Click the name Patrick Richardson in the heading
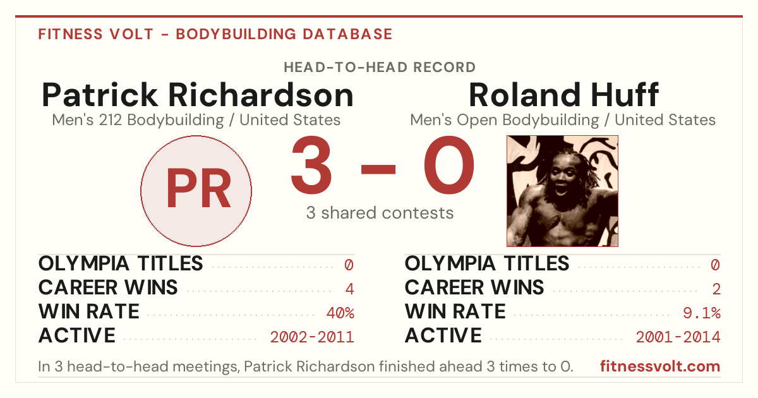click(198, 95)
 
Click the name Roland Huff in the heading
click(563, 95)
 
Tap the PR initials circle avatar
click(196, 191)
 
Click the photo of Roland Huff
click(562, 191)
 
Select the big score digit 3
click(311, 165)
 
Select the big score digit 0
click(449, 165)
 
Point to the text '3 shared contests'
click(380, 213)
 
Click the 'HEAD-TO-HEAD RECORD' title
click(380, 68)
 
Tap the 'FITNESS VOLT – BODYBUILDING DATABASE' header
click(215, 34)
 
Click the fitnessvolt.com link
click(660, 366)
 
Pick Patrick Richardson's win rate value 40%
click(340, 313)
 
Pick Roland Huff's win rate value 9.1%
click(702, 313)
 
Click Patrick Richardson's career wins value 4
click(349, 289)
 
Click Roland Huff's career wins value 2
click(716, 289)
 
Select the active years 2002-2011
click(312, 337)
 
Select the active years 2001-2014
click(678, 337)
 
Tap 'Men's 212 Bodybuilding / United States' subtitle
click(196, 120)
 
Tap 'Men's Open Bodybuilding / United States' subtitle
click(563, 120)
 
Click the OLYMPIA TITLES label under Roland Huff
click(487, 263)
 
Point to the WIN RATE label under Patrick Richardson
click(89, 311)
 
